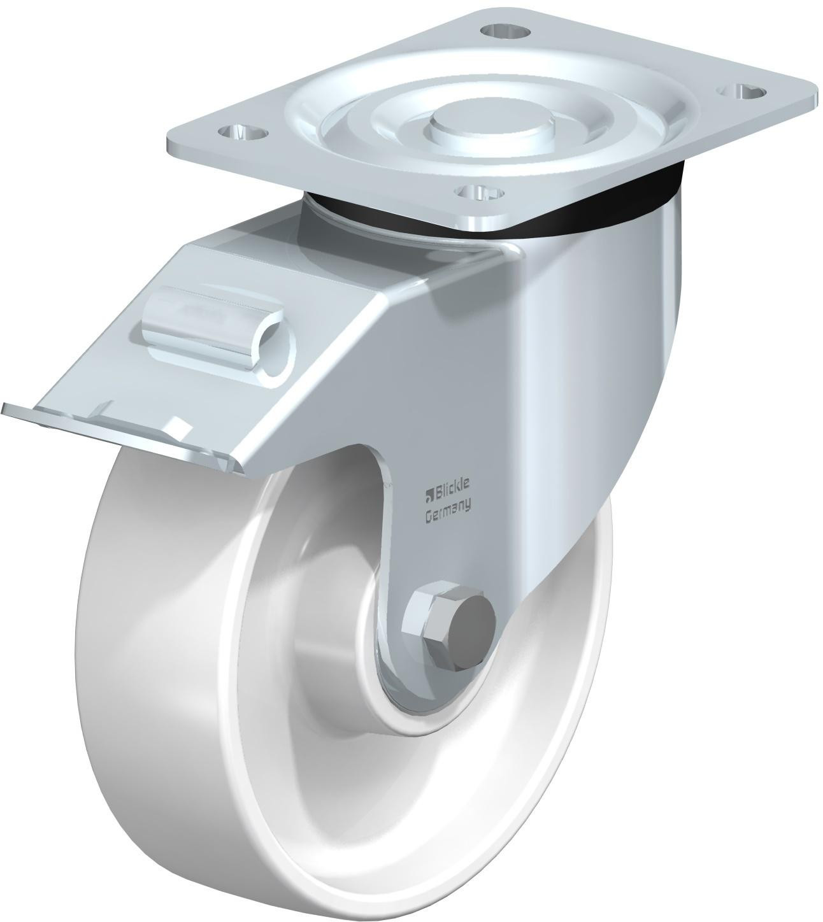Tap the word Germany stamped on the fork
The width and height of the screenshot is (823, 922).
click(448, 514)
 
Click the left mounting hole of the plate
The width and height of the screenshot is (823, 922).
click(243, 134)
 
